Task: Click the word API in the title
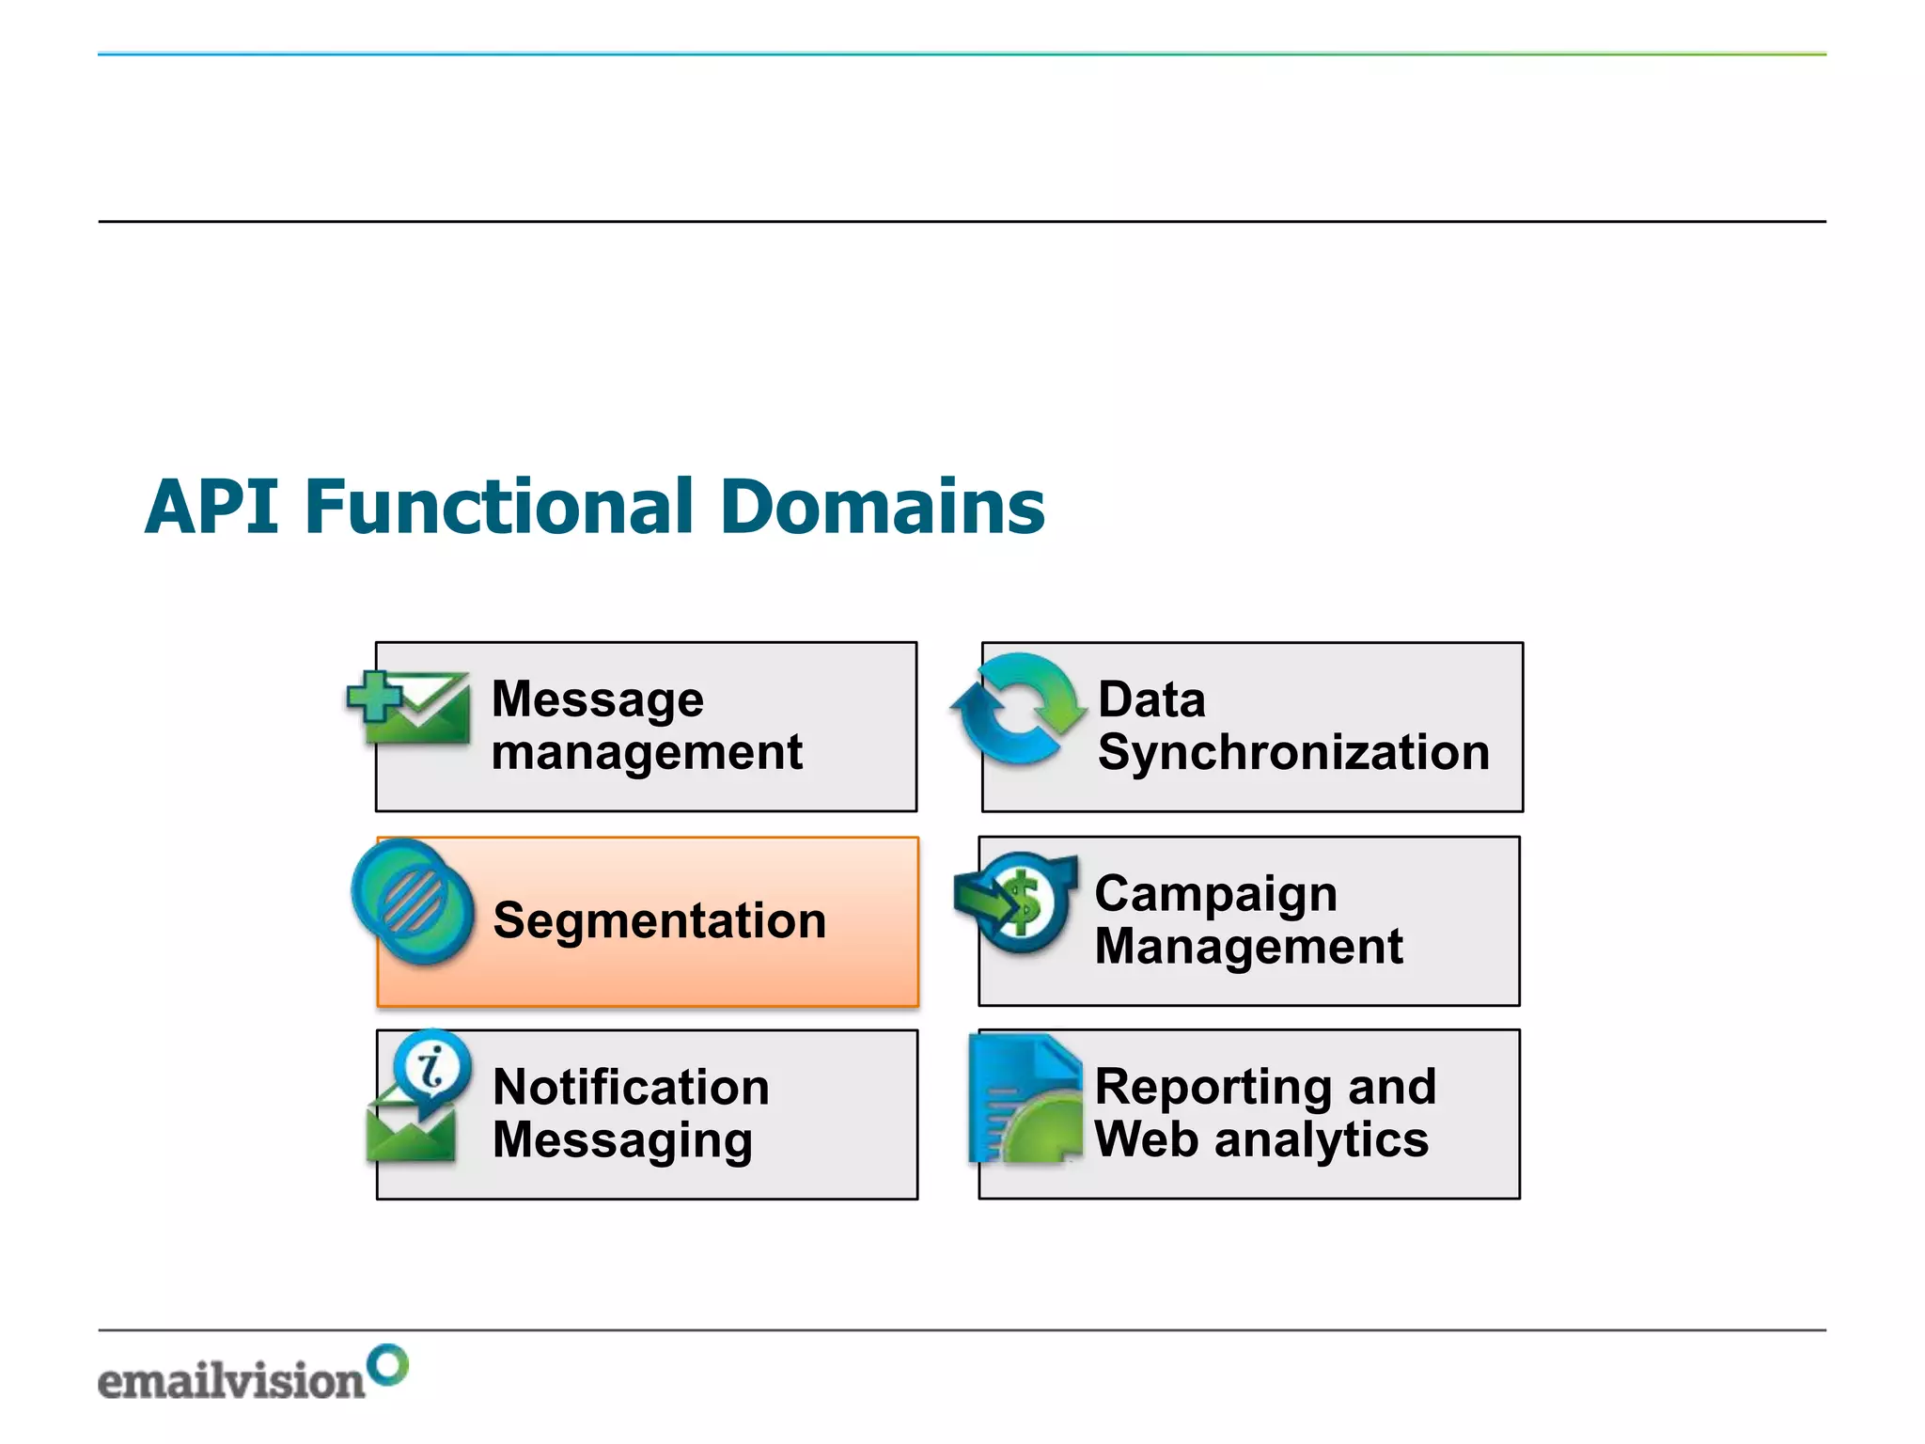(x=212, y=507)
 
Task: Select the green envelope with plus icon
(x=410, y=707)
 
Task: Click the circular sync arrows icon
(x=1018, y=708)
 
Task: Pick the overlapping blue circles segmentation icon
(x=413, y=901)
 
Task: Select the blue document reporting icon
(x=1025, y=1099)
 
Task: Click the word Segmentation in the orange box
(x=659, y=920)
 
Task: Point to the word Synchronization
(x=1293, y=752)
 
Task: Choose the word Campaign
(x=1215, y=893)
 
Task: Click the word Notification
(x=631, y=1087)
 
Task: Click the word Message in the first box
(x=597, y=699)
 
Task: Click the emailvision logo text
(x=231, y=1381)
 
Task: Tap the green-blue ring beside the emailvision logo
(x=387, y=1364)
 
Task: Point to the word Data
(x=1150, y=699)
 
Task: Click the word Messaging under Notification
(x=622, y=1140)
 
